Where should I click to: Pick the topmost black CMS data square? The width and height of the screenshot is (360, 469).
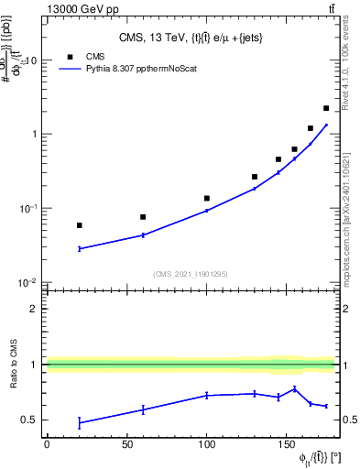(326, 108)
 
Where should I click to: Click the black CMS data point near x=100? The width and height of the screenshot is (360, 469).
(207, 198)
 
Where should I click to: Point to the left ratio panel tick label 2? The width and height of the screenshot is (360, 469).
(34, 309)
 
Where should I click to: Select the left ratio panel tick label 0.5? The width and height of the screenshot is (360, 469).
(29, 420)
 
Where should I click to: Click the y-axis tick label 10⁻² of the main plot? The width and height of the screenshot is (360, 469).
(27, 282)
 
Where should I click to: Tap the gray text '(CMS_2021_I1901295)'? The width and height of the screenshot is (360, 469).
(191, 274)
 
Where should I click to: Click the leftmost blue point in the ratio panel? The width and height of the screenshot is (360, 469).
(80, 422)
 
